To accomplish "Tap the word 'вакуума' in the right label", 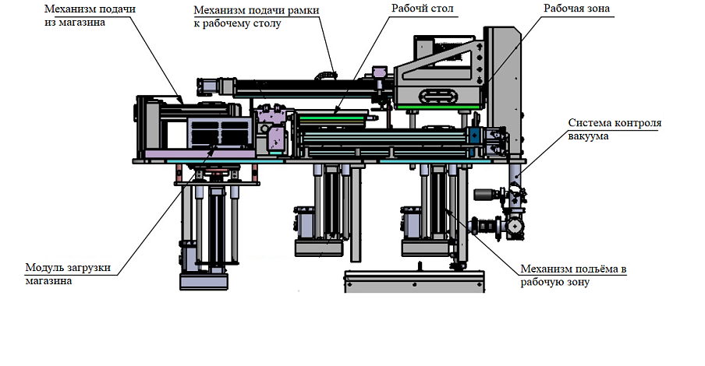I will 588,136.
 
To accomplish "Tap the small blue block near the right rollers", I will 473,135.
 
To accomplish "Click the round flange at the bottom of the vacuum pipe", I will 515,226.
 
